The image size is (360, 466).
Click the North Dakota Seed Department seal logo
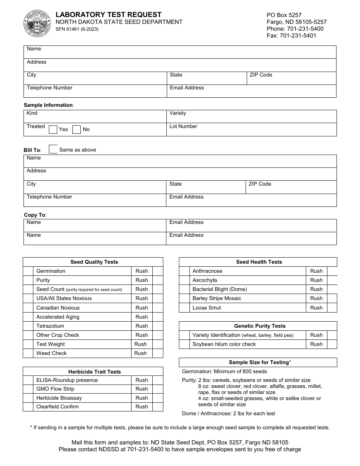coord(37,23)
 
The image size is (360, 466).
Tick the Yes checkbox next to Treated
coord(53,130)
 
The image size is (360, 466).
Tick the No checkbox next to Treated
coord(77,130)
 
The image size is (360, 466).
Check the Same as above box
coord(53,149)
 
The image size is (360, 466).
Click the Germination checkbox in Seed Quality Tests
coord(28,271)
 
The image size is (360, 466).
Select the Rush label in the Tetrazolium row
coord(142,326)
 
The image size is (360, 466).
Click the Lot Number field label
coord(183,126)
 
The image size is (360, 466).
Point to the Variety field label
coord(178,113)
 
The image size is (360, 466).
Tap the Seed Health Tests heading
coord(259,262)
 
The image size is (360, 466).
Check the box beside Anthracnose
coord(184,271)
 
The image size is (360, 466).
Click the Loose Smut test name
coord(207,308)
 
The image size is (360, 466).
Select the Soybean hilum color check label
coord(224,344)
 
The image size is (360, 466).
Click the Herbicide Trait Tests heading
coord(94,372)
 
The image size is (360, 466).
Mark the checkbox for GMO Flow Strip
coord(28,389)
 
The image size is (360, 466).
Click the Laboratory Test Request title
coord(108,14)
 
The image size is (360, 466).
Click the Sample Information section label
coord(49,105)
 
